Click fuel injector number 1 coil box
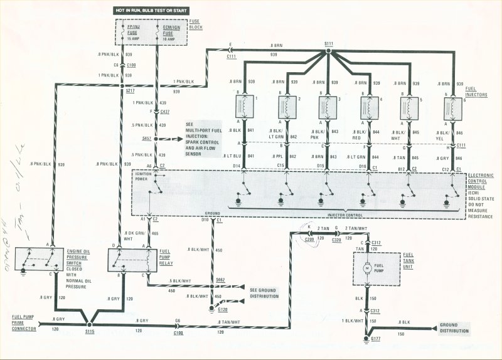[243, 106]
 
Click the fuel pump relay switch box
[131, 259]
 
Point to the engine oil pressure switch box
[38, 260]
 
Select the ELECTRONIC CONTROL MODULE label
[482, 187]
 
